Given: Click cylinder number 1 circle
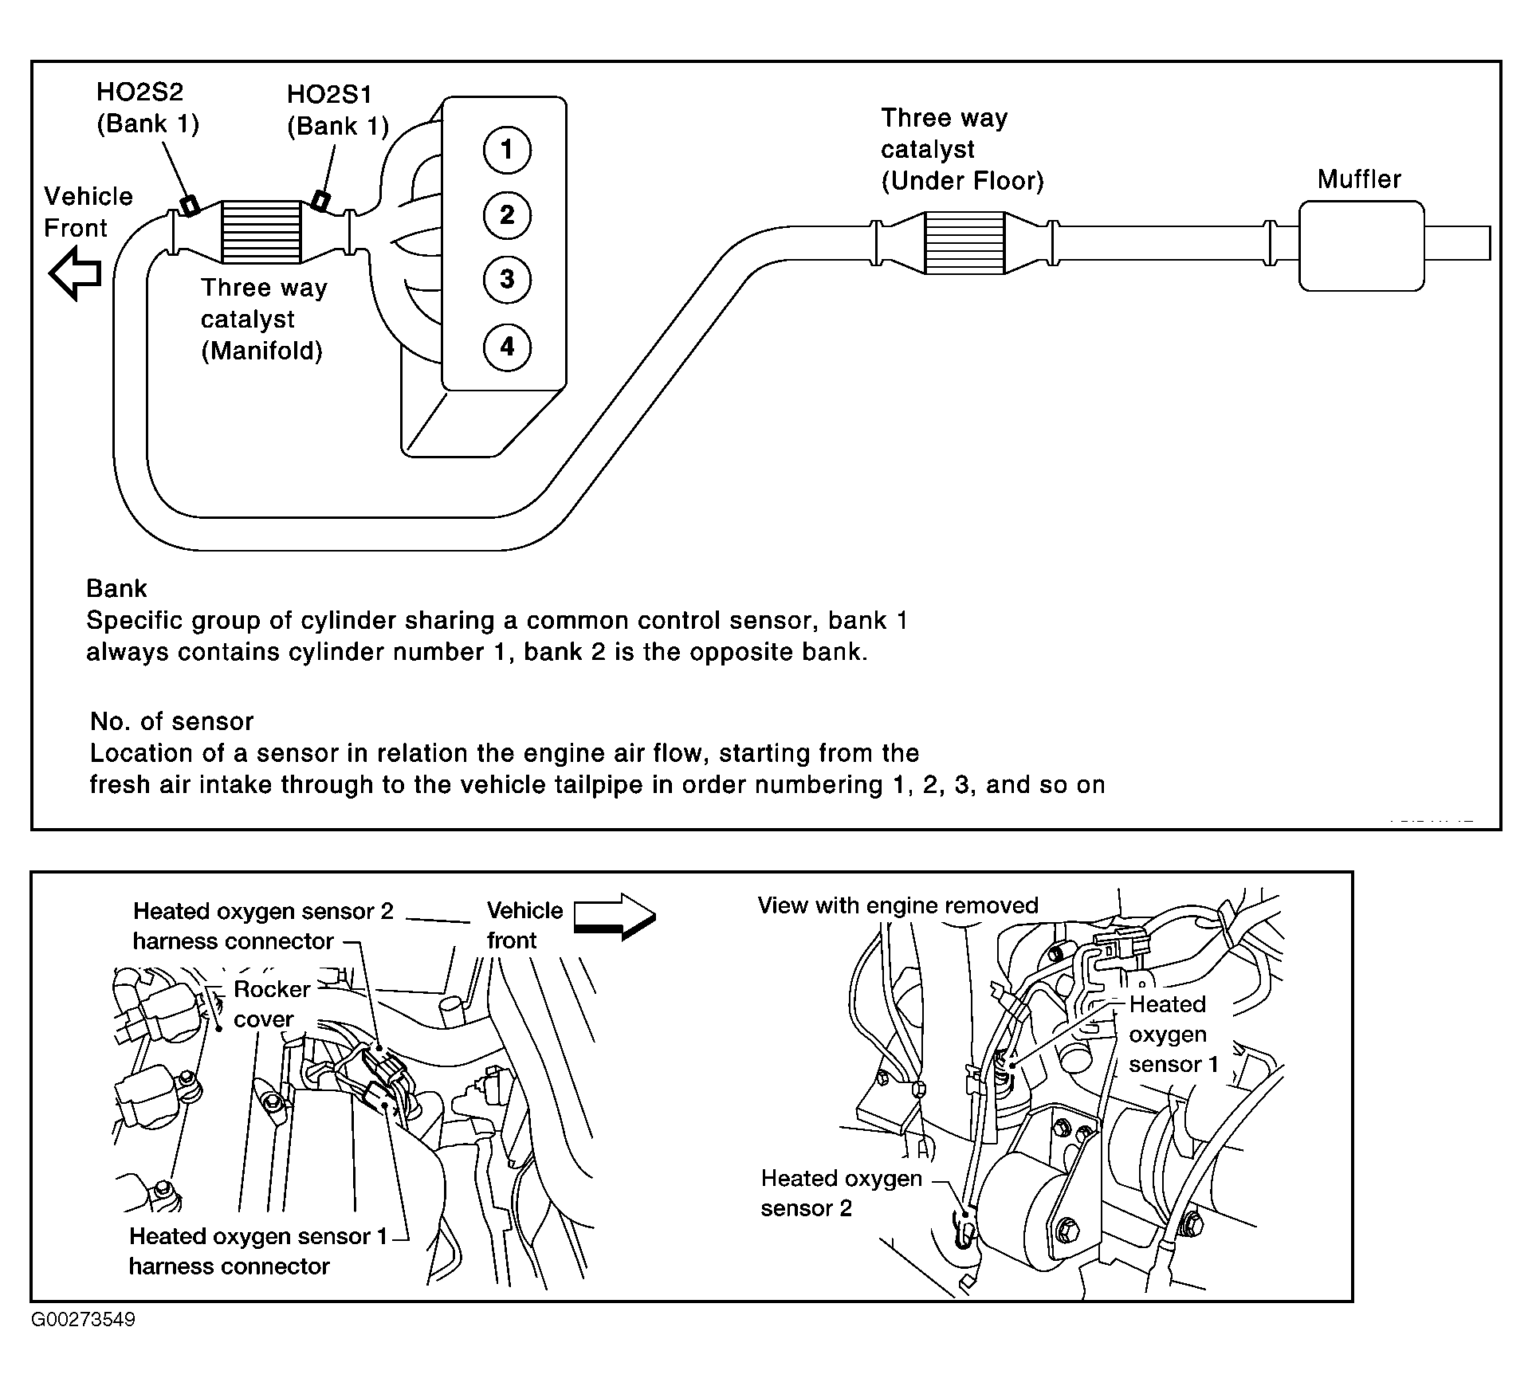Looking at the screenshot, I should tap(507, 149).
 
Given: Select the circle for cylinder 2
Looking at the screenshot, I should tap(507, 214).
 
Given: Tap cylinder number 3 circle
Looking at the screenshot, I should tap(507, 279).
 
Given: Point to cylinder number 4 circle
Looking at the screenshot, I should tap(507, 347).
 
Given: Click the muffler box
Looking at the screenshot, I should tap(1361, 245).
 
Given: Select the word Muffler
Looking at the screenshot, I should tap(1359, 179).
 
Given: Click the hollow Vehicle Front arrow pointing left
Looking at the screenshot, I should tap(76, 273).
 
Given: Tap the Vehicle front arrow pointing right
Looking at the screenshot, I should tap(615, 917).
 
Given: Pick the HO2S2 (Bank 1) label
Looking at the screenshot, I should tap(147, 108).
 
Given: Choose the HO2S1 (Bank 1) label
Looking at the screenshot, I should tap(337, 111).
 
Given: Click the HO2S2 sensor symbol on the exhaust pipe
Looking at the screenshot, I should tap(190, 205).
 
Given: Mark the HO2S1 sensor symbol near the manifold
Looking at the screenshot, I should tap(320, 200).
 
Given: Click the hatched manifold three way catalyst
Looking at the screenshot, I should tap(261, 231).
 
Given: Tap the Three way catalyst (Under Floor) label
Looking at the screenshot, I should tap(961, 150).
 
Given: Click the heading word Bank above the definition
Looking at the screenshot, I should tap(116, 588).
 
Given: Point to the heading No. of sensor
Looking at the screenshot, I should tap(171, 721).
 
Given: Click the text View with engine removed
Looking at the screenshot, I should tap(898, 905).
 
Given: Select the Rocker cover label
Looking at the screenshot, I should tap(271, 1004).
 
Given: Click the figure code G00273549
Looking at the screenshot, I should tap(84, 1319).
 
